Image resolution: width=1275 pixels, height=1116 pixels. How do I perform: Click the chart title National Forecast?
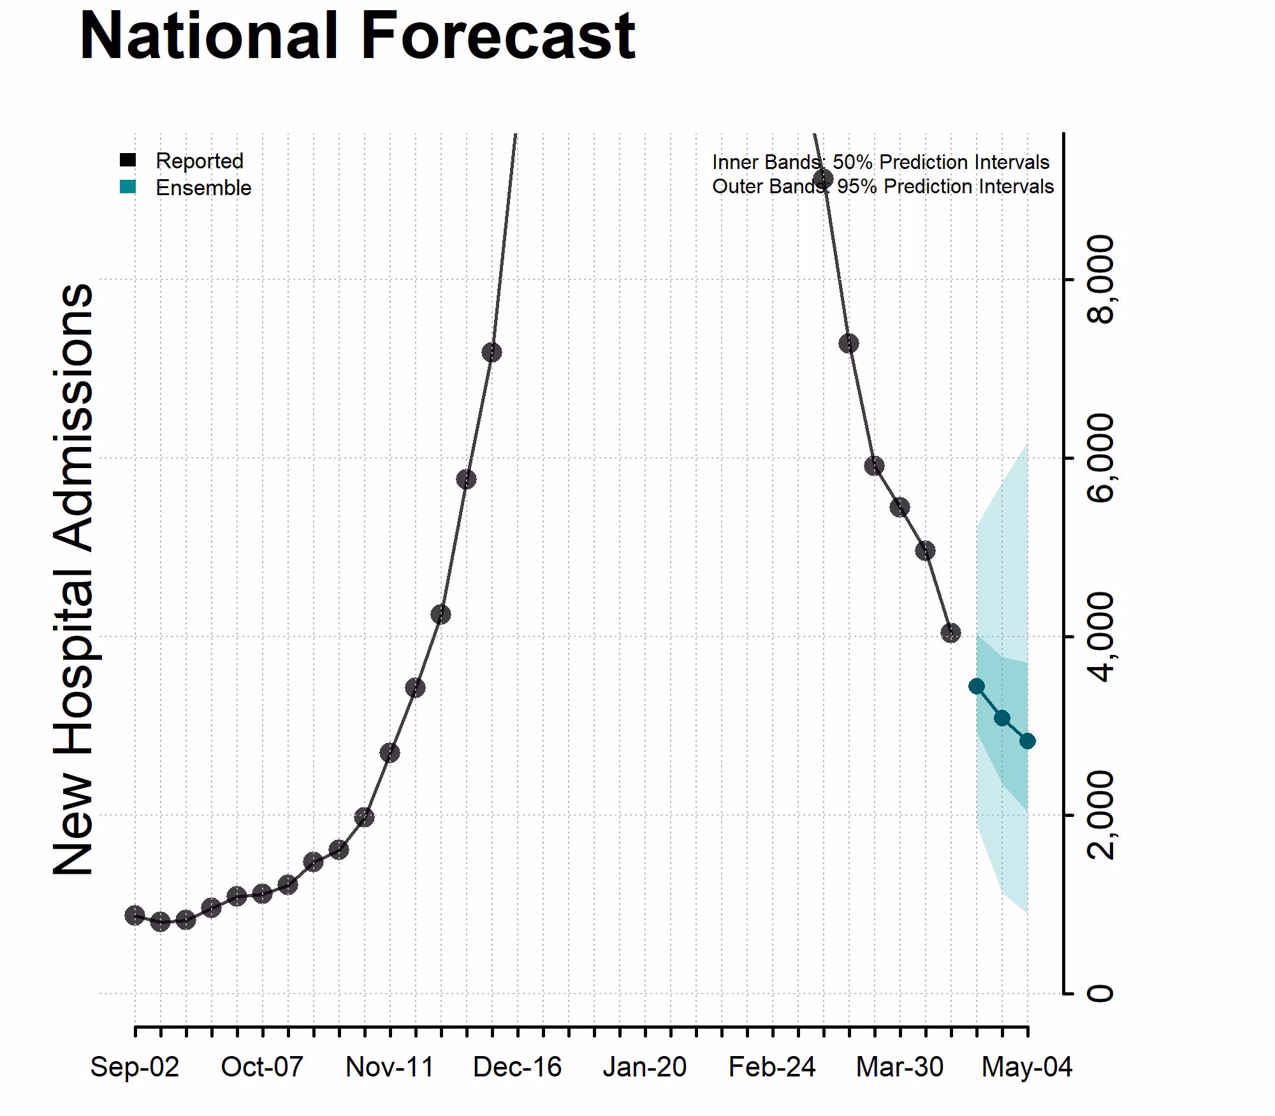(357, 36)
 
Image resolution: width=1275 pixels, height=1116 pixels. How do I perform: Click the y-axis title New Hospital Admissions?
(73, 579)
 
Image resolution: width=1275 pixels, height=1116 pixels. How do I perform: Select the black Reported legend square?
(127, 160)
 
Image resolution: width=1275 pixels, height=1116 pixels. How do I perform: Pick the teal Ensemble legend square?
(127, 187)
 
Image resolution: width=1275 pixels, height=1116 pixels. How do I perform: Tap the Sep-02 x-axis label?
(135, 1067)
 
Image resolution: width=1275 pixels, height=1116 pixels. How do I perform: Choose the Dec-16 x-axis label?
(517, 1067)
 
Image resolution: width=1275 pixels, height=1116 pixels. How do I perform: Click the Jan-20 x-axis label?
(645, 1067)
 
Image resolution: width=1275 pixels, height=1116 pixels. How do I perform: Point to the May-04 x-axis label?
(1027, 1067)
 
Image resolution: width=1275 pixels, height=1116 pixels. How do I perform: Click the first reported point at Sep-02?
(135, 916)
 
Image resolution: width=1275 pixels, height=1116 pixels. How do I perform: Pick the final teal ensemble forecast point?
(1027, 741)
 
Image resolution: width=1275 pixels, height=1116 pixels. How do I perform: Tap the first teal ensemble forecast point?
(976, 686)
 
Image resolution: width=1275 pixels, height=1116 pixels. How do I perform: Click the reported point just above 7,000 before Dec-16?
(492, 352)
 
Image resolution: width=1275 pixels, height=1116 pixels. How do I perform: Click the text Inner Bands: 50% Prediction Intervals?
(880, 162)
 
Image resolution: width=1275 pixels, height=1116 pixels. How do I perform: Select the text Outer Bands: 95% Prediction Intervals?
(882, 186)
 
